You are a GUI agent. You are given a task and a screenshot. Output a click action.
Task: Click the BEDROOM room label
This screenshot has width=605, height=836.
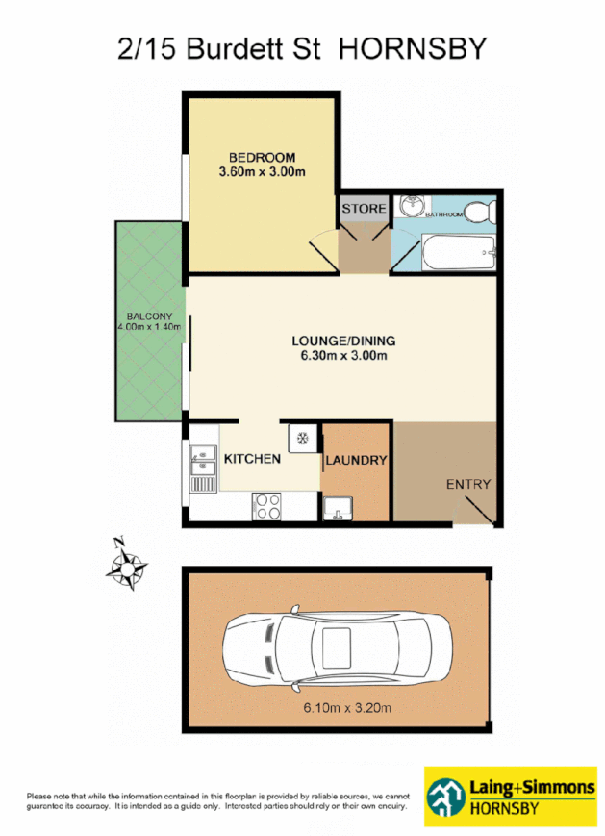(261, 157)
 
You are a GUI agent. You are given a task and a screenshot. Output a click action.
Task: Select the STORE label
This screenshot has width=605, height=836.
(365, 209)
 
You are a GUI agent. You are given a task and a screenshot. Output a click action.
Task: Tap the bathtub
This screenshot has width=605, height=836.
(459, 254)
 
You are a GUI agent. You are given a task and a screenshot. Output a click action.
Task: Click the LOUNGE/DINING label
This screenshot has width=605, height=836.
(343, 342)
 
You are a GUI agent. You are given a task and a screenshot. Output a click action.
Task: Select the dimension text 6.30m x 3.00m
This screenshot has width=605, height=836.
(343, 357)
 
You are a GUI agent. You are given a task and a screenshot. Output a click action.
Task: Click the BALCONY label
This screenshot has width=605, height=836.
(147, 317)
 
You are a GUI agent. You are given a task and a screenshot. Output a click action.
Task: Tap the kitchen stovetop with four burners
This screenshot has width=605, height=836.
(266, 506)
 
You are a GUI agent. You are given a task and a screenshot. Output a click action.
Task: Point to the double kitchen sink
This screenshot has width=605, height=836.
(203, 466)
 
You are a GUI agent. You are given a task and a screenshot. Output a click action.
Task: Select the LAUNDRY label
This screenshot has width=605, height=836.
(356, 461)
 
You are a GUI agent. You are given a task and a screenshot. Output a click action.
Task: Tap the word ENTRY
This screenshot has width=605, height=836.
(468, 485)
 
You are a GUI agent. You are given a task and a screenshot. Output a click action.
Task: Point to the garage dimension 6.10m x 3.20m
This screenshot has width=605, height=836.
(338, 709)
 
